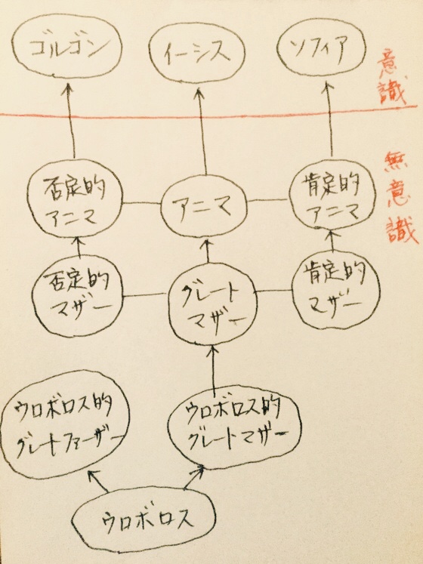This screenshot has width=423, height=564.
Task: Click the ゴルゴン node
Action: coord(66,46)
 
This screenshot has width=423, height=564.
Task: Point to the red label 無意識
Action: coord(400,197)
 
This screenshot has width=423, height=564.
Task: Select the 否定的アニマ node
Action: coord(76,199)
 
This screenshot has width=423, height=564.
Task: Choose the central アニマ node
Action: coord(203,206)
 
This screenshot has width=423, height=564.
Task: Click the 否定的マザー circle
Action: coord(77,296)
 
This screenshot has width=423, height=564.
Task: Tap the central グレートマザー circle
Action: coord(213,304)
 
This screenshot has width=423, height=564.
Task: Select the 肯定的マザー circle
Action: coord(335,291)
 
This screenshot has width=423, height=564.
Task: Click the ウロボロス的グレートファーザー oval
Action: coord(65,424)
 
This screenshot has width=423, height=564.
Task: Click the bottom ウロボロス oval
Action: coord(144,519)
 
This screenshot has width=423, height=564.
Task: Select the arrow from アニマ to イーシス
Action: coord(202,131)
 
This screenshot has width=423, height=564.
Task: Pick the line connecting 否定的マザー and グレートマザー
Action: coord(146,296)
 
